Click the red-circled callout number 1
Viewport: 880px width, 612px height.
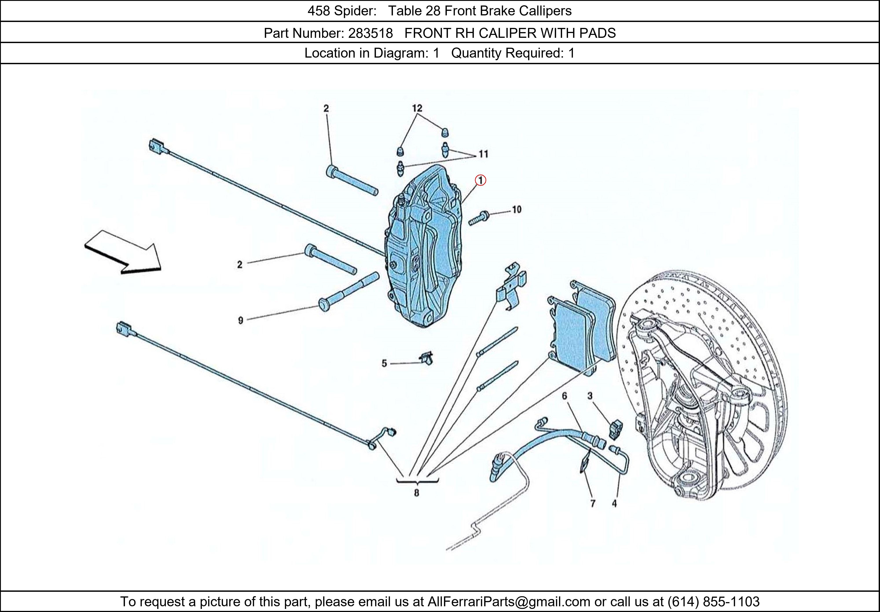click(480, 180)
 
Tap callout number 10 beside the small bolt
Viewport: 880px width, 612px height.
click(517, 209)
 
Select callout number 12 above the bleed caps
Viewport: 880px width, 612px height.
click(417, 108)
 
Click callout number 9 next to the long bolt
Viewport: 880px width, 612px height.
click(240, 320)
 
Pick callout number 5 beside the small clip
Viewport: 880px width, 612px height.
click(384, 363)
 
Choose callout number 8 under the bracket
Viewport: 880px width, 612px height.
click(417, 493)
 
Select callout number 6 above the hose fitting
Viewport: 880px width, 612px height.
click(565, 396)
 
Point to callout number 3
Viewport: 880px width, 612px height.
click(590, 396)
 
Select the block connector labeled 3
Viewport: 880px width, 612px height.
click(616, 429)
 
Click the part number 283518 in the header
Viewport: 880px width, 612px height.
click(370, 33)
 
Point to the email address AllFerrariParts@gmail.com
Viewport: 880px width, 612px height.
click(509, 602)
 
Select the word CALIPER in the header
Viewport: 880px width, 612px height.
click(508, 33)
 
